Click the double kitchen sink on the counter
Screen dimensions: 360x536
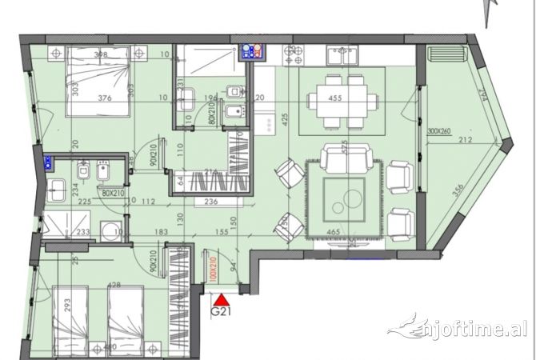[x=344, y=54]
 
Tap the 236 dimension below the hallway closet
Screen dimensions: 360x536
[x=210, y=202]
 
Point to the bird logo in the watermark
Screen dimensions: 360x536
[x=402, y=326]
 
